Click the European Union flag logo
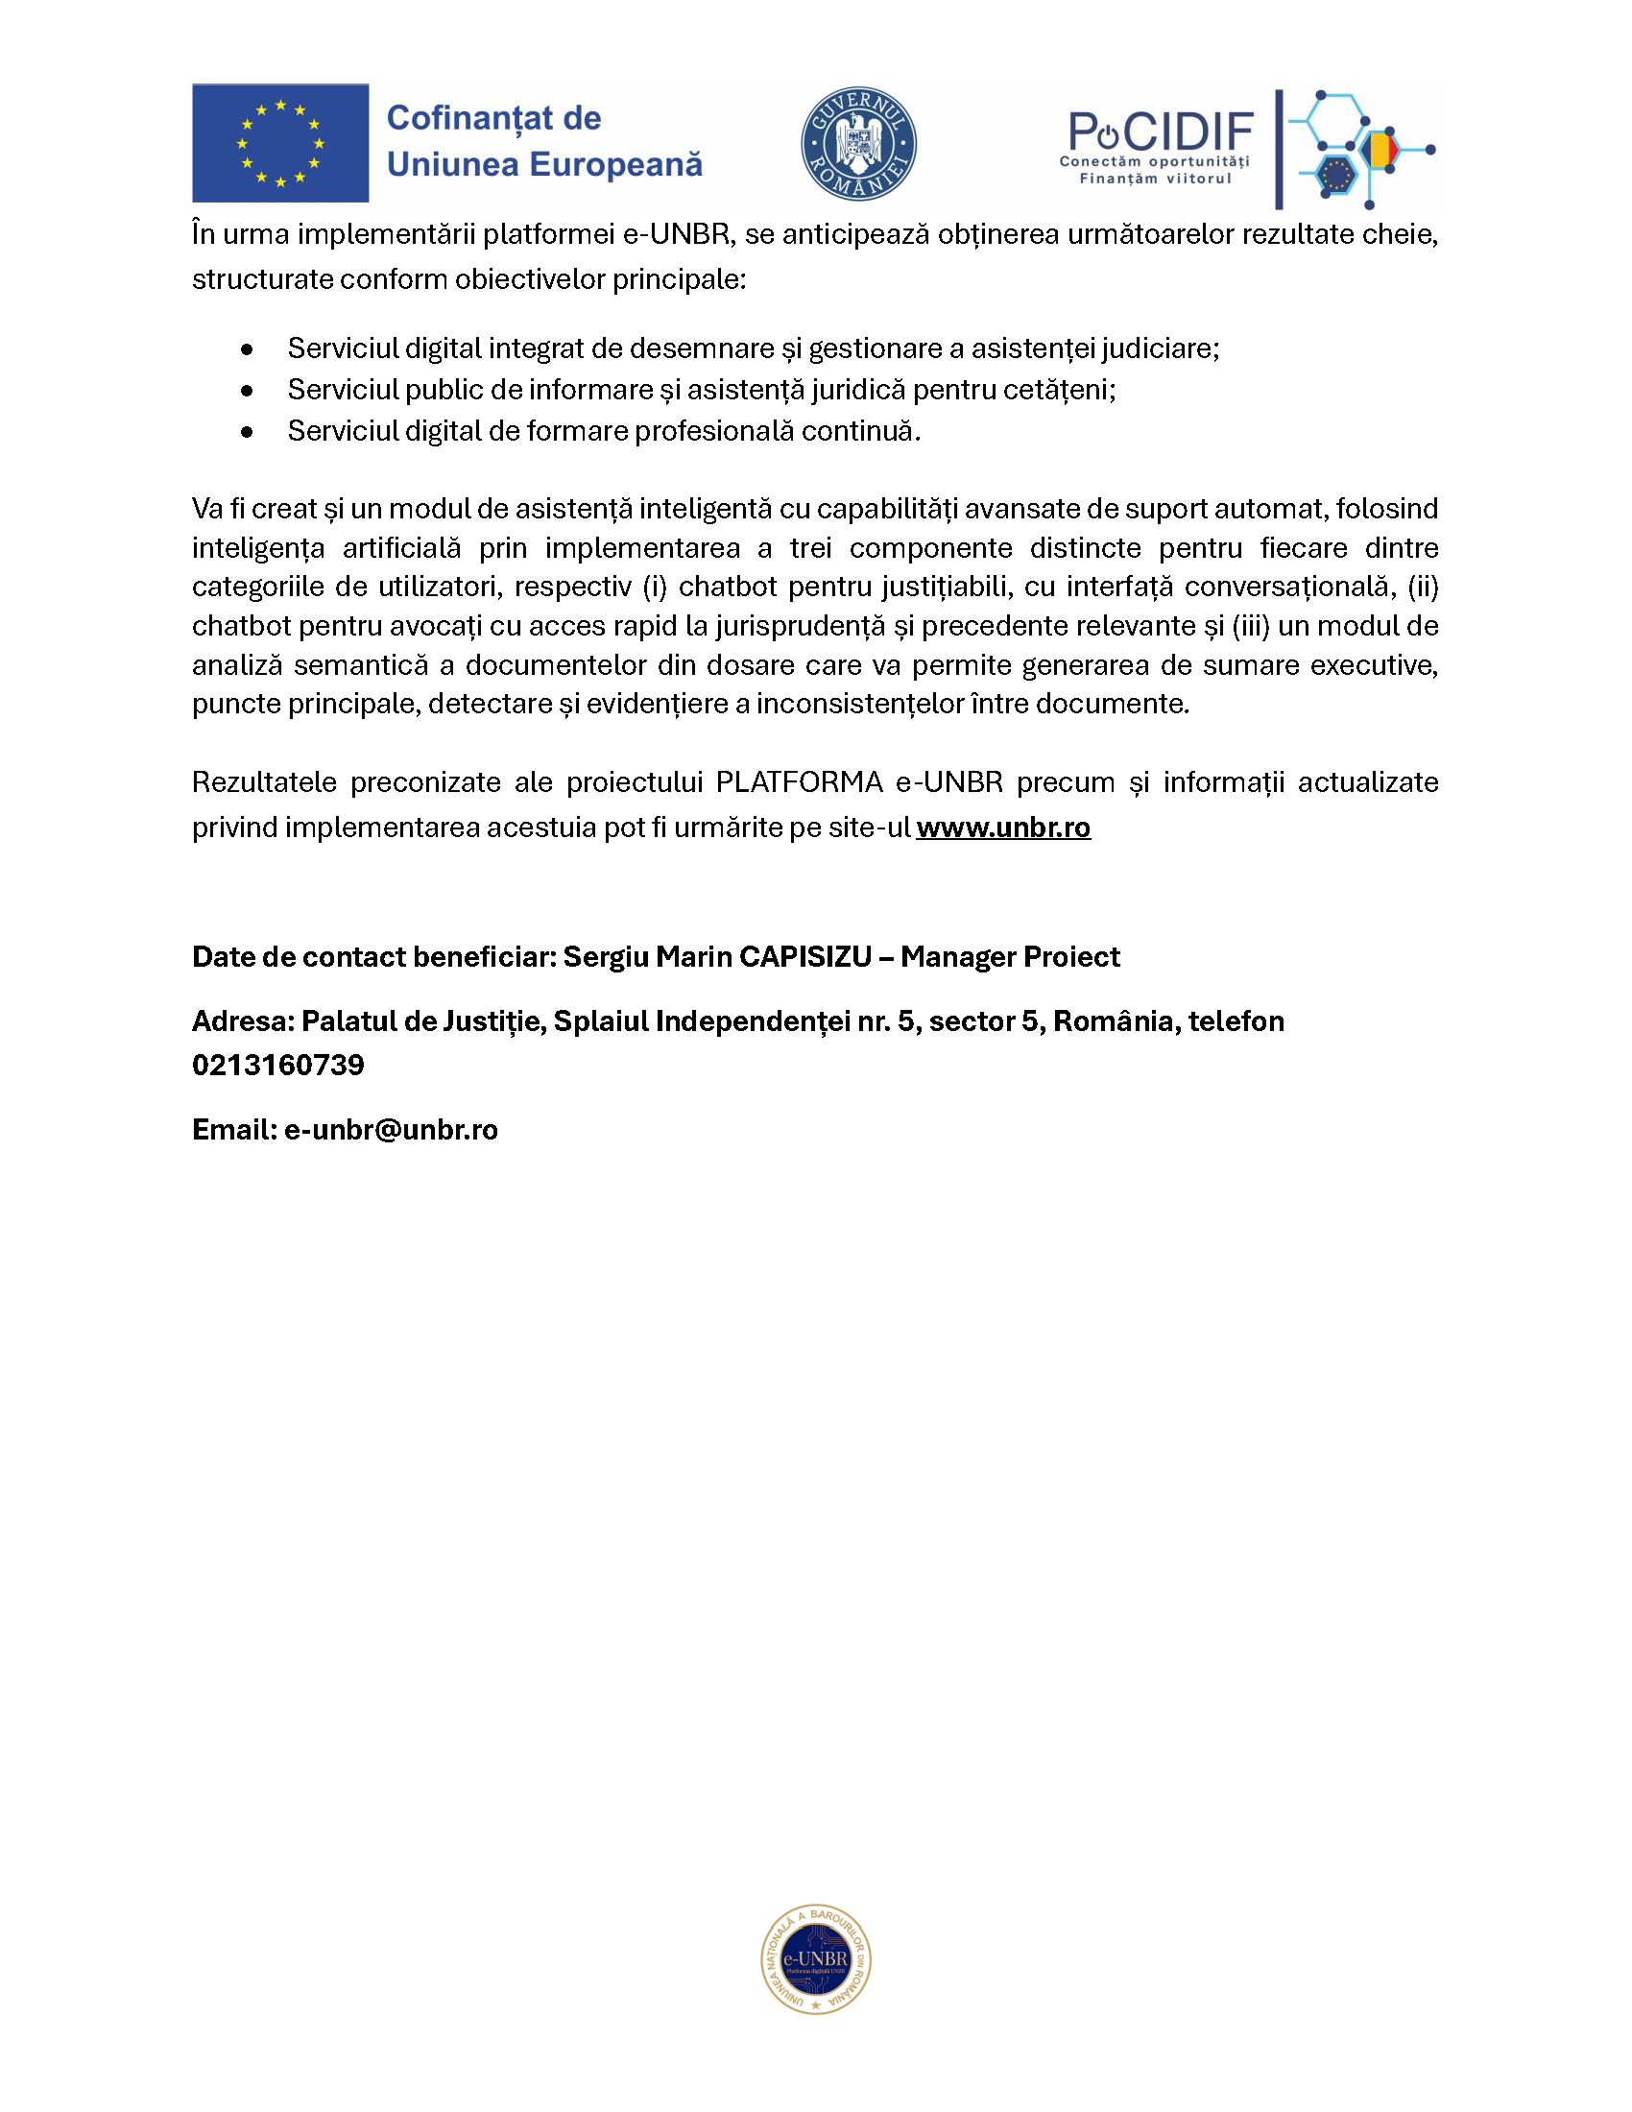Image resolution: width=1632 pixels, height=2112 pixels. point(280,142)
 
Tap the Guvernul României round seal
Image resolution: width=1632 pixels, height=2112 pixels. point(858,143)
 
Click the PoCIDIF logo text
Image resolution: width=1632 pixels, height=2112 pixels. point(1161,133)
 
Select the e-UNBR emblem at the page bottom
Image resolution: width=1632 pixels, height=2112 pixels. point(816,1959)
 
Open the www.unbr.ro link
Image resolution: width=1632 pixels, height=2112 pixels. point(1002,828)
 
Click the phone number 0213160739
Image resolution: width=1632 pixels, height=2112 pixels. point(278,1065)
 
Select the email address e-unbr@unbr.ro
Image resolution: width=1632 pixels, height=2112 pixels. point(391,1130)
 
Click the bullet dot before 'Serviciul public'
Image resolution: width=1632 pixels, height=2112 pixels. point(248,391)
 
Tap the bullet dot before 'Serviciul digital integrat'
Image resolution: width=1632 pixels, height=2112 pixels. point(248,349)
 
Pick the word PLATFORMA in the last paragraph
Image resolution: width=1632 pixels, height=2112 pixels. point(799,782)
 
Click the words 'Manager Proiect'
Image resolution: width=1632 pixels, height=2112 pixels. point(1010,956)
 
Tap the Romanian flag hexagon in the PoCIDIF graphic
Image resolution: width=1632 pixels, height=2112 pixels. point(1379,150)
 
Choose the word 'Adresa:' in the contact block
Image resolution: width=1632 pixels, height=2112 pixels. point(243,1021)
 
